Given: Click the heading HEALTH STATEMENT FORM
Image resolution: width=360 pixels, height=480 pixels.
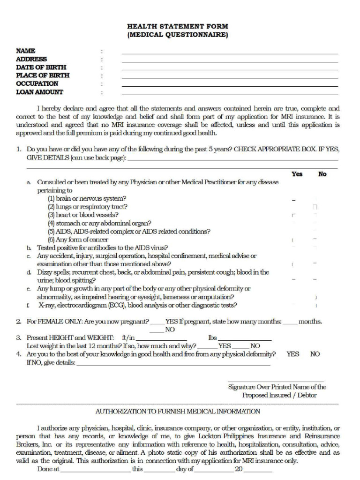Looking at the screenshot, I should click(178, 27).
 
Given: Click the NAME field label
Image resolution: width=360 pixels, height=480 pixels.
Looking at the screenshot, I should click(26, 51).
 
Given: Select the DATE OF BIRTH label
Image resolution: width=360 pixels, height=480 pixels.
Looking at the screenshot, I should click(41, 67).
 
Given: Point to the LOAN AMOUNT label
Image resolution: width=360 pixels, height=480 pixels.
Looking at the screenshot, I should click(40, 92).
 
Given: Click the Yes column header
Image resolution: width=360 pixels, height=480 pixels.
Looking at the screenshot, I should click(297, 174).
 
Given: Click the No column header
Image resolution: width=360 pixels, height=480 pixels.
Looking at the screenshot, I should click(322, 174).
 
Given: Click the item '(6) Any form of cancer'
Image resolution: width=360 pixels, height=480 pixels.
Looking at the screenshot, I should click(78, 240).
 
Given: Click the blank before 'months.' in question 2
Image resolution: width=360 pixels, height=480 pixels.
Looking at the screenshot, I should click(290, 323).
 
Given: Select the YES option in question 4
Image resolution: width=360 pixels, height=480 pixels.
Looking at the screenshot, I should click(293, 354).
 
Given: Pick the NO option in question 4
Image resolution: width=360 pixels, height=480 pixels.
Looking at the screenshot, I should click(315, 354).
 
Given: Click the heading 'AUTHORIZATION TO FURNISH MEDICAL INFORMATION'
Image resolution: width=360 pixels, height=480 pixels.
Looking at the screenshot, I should click(178, 412).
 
